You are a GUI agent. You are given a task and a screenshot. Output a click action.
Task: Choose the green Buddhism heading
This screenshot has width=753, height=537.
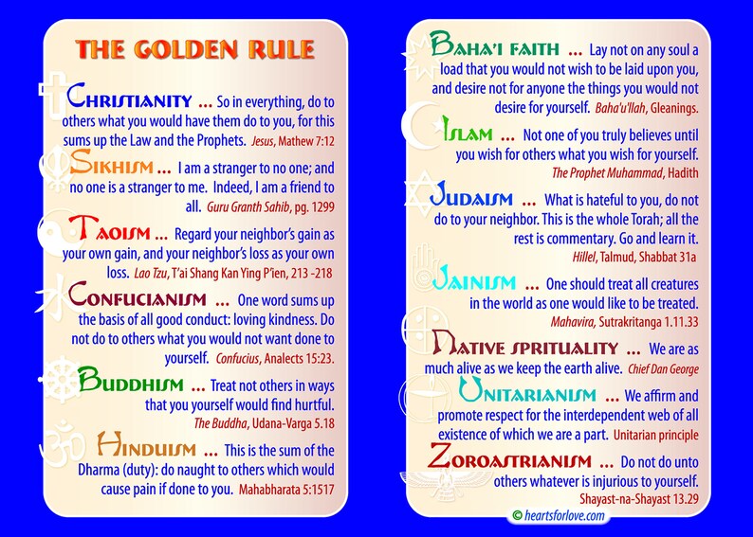133,383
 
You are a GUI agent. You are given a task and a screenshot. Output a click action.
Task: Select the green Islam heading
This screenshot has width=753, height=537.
467,134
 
